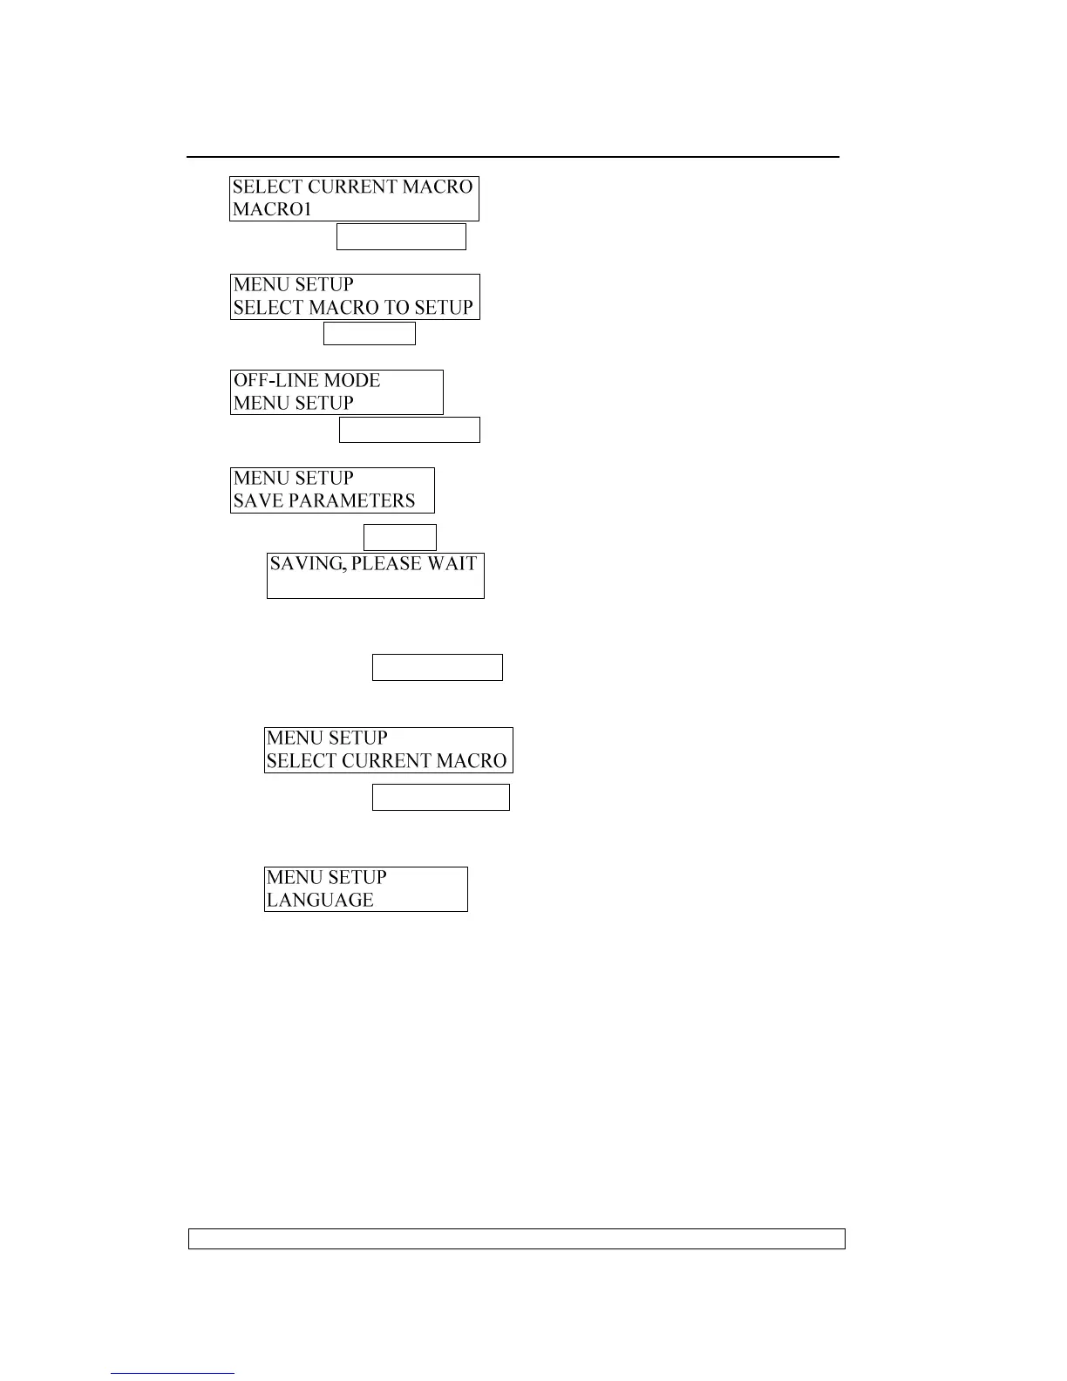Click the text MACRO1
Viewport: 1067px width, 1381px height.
coord(272,210)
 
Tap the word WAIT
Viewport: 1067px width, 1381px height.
coord(452,564)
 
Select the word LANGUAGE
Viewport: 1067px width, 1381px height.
coord(320,901)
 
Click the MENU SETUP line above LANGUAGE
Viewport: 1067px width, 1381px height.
coord(327,878)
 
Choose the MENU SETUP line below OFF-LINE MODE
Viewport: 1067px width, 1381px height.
coord(294,404)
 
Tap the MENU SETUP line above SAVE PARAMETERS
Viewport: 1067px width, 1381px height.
coord(294,479)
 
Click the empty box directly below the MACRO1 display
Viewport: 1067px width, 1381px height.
coord(401,237)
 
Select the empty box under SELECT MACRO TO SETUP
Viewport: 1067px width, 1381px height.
coord(370,334)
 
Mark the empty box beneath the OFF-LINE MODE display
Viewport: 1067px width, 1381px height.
coord(409,430)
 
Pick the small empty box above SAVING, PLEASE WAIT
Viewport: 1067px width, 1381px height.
coord(399,537)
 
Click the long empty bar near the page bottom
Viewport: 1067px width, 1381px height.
coord(517,1239)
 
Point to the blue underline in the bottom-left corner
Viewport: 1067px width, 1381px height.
coord(173,1374)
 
